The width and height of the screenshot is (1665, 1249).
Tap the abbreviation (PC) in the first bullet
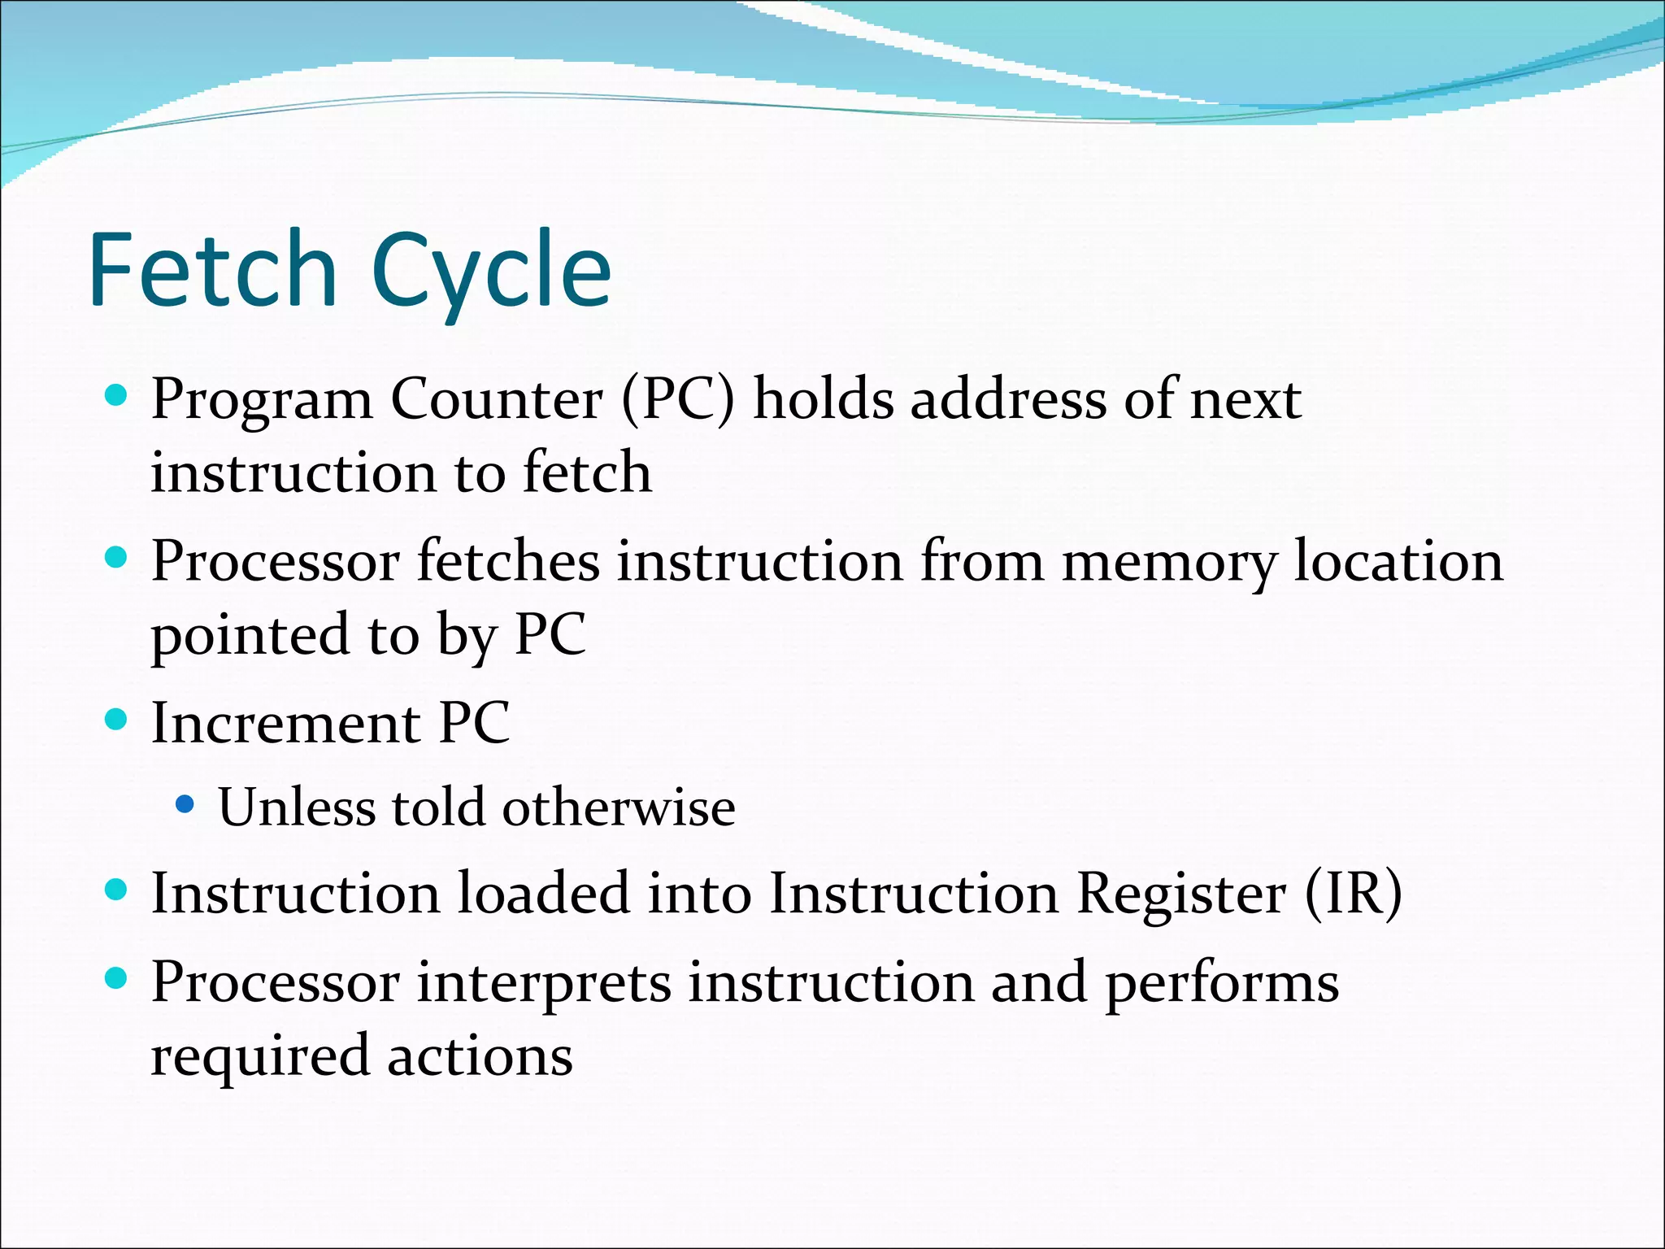pyautogui.click(x=677, y=399)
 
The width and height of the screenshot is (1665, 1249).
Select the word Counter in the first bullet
pyautogui.click(x=497, y=399)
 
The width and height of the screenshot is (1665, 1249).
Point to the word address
pyautogui.click(x=1007, y=399)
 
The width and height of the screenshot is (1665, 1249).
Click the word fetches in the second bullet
pyautogui.click(x=508, y=561)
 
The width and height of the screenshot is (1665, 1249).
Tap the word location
pyautogui.click(x=1398, y=561)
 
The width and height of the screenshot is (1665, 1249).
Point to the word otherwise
pyautogui.click(x=618, y=807)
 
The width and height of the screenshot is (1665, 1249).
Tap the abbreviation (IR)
pyautogui.click(x=1354, y=894)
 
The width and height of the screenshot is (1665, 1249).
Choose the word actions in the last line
pyautogui.click(x=480, y=1056)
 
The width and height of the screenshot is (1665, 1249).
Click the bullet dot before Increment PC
pyautogui.click(x=117, y=720)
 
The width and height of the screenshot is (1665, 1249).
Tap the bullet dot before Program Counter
pyautogui.click(x=117, y=396)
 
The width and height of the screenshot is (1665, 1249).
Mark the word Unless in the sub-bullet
pyautogui.click(x=297, y=807)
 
